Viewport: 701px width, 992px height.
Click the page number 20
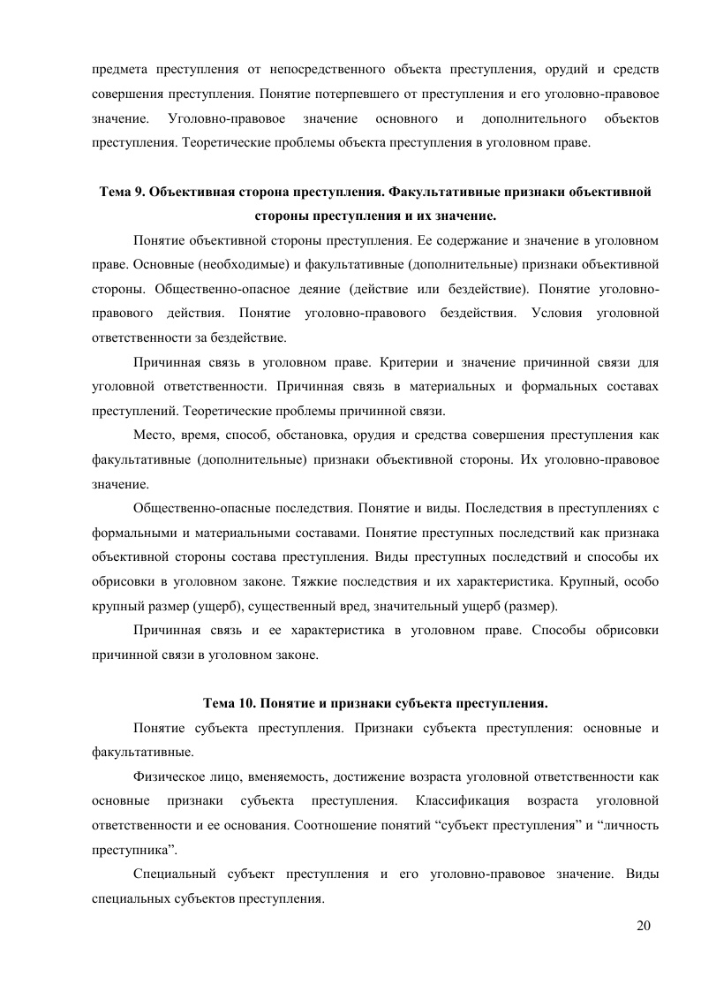pos(642,926)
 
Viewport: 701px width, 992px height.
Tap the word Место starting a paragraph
pos(151,435)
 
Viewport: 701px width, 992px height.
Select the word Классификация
pos(461,800)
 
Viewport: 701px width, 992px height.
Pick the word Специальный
pos(176,874)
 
